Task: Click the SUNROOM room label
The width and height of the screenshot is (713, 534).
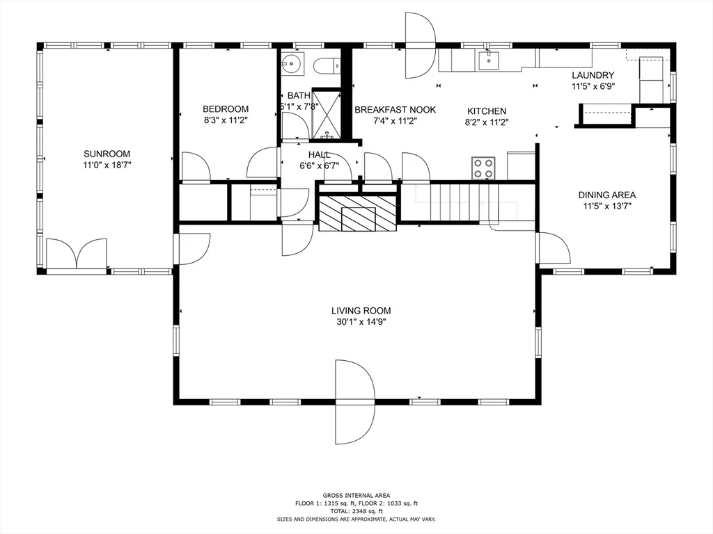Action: point(107,154)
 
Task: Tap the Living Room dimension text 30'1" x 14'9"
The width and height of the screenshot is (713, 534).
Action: point(361,322)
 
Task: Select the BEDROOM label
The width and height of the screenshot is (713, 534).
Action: point(226,108)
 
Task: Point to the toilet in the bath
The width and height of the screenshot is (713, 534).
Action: point(325,66)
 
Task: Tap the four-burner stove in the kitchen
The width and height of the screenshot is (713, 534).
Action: point(484,168)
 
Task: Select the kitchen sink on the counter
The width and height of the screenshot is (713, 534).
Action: point(489,61)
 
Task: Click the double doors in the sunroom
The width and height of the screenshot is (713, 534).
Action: point(77,254)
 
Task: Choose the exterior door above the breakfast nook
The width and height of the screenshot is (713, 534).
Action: point(421,46)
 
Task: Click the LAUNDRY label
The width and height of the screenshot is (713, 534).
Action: point(593,75)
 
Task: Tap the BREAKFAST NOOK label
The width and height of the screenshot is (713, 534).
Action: point(395,110)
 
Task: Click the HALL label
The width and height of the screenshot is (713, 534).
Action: point(319,154)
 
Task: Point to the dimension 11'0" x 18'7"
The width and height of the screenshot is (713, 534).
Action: point(107,165)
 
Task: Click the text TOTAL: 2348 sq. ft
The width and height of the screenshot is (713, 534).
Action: point(356,511)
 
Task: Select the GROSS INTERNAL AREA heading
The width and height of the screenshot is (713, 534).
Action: point(356,495)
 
